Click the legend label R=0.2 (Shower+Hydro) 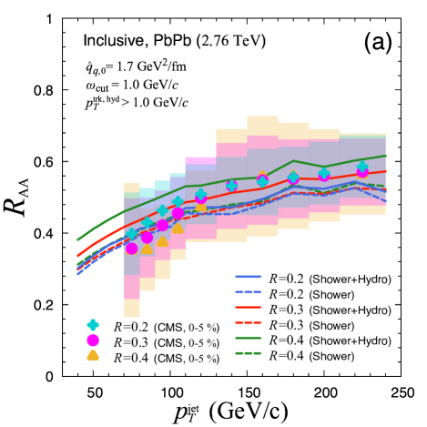[x=330, y=279]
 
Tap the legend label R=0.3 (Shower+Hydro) [x=330, y=310]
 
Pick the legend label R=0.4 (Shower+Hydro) [x=330, y=341]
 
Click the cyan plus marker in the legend [x=92, y=325]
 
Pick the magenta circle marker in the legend [x=92, y=341]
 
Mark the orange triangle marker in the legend [x=92, y=356]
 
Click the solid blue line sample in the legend [x=249, y=279]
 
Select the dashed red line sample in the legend [x=249, y=325]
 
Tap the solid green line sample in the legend [x=249, y=341]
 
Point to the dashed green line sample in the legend [x=249, y=356]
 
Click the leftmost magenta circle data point [x=132, y=248]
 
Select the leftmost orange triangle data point [x=147, y=248]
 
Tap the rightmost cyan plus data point [x=362, y=168]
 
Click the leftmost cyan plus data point [x=132, y=233]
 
